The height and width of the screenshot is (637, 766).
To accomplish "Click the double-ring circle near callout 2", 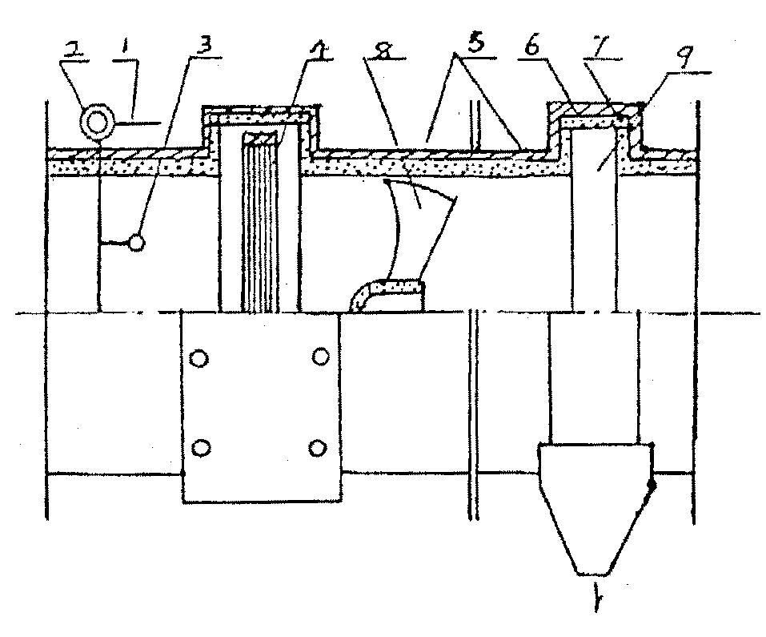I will click(99, 123).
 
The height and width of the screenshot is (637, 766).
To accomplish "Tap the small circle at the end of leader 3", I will click(137, 241).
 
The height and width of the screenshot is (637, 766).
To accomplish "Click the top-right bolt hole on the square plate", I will click(320, 355).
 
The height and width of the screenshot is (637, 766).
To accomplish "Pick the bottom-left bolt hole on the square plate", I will click(203, 446).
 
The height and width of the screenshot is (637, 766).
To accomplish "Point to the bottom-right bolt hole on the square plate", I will click(320, 446).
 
